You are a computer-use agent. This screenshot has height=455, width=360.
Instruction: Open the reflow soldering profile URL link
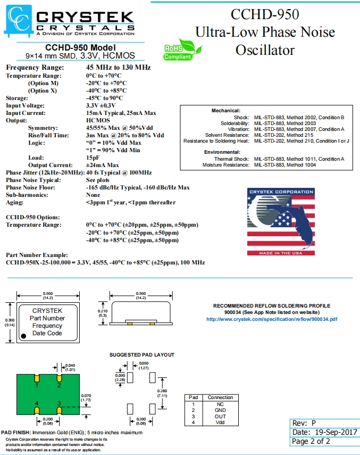271,319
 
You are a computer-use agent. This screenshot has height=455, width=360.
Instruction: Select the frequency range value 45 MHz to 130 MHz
118,68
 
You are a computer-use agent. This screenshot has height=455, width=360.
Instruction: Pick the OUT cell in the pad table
220,417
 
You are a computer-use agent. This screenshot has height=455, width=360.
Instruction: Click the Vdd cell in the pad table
220,423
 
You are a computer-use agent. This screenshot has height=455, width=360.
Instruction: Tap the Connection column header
220,398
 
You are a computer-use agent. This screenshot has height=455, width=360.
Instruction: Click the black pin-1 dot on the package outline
23,336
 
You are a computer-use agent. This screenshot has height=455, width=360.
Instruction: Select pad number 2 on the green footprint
59,380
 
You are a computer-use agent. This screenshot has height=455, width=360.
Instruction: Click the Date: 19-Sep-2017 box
324,432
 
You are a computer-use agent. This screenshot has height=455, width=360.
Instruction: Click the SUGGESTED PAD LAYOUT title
141,354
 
